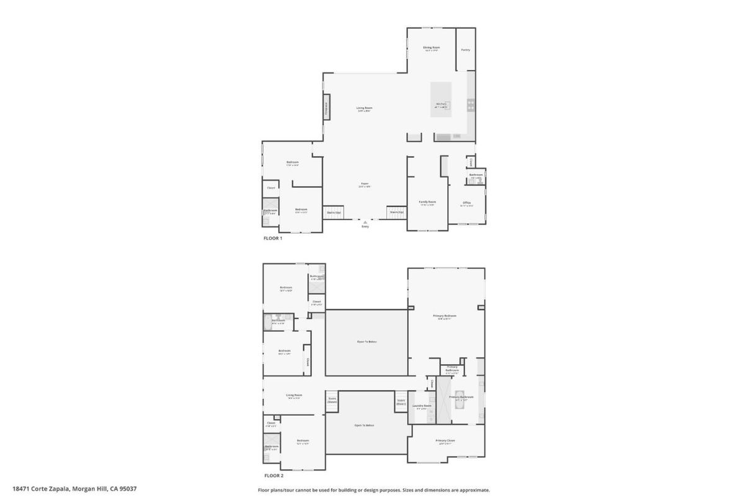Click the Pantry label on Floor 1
[x=465, y=50]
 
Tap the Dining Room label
[x=431, y=48]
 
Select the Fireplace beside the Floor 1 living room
[x=326, y=109]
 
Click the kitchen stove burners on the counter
[x=471, y=105]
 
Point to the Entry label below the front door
[x=365, y=226]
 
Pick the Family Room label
[x=427, y=202]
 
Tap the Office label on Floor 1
[x=466, y=203]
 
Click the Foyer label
[x=365, y=184]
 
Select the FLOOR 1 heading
[x=273, y=238]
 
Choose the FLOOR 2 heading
[x=274, y=476]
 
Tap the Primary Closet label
[x=445, y=440]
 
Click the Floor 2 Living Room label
[x=293, y=395]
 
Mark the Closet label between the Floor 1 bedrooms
[x=271, y=188]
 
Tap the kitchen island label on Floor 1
[x=441, y=104]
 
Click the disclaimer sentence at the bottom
[x=373, y=490]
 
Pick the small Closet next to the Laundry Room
[x=432, y=383]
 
